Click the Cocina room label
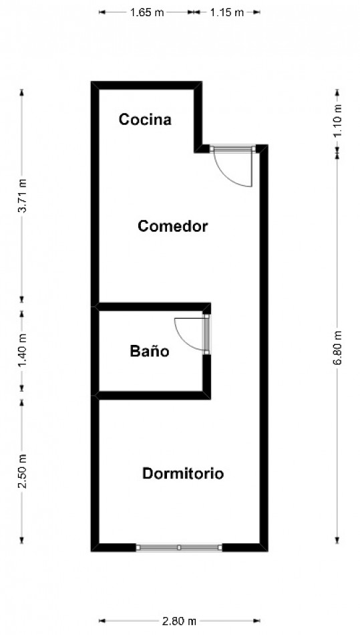tap(145, 120)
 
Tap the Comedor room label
tap(172, 226)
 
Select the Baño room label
tap(149, 351)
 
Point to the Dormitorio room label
tap(183, 474)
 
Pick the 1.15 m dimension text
tap(226, 12)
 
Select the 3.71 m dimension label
tap(22, 197)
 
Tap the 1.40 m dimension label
tap(22, 350)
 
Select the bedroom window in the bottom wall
tap(179, 547)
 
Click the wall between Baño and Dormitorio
tap(154, 395)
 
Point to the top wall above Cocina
tap(147, 85)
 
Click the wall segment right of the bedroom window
tap(244, 547)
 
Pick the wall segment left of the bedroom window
tap(114, 547)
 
